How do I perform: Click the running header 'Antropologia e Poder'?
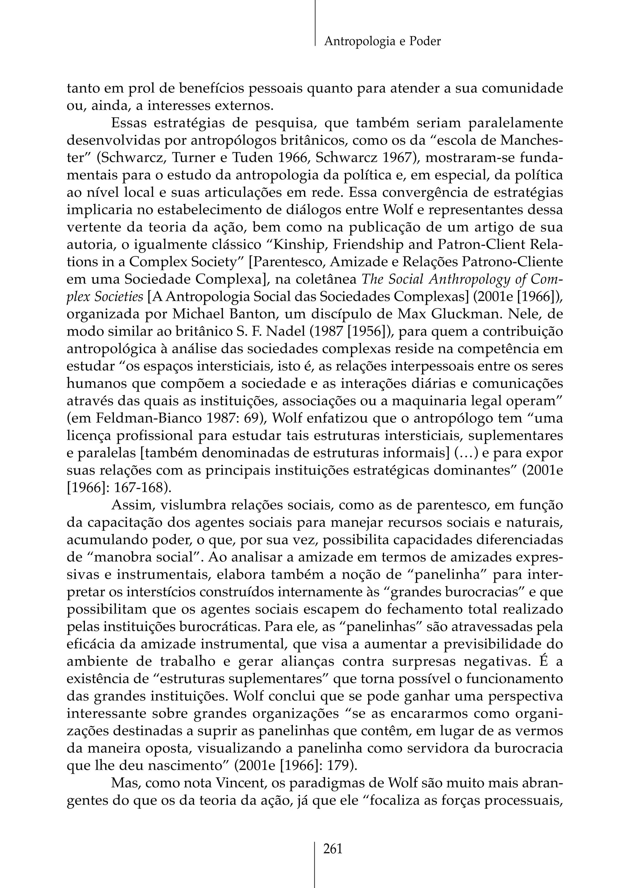pyautogui.click(x=382, y=41)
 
